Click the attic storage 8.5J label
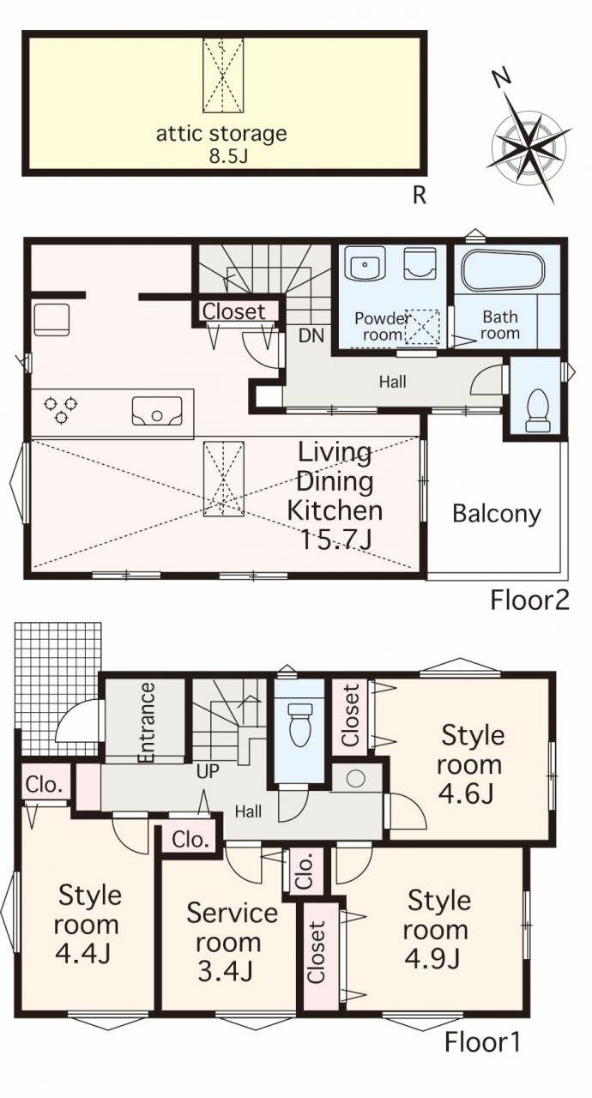(x=221, y=144)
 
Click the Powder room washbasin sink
(x=365, y=263)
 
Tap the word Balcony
(x=497, y=514)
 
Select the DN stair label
(x=311, y=335)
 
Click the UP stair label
(x=208, y=771)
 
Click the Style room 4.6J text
(x=470, y=765)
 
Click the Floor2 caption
(x=529, y=600)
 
